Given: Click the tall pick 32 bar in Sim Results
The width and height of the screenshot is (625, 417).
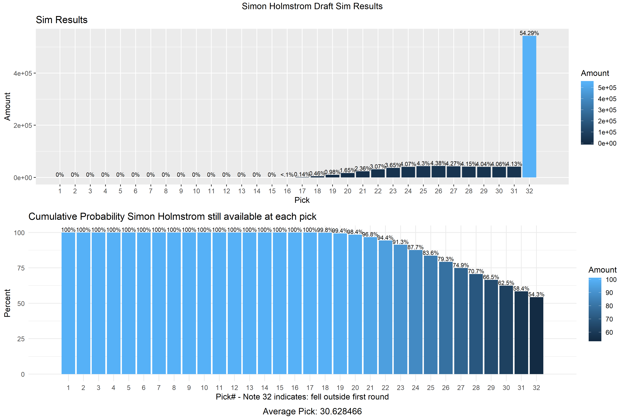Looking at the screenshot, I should pos(529,106).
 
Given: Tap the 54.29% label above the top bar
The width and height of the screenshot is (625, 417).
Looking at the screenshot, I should pos(529,33).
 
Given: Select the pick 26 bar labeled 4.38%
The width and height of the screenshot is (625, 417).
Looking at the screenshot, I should pos(438,172).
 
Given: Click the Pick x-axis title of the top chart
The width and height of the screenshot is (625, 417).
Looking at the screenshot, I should pos(302,200).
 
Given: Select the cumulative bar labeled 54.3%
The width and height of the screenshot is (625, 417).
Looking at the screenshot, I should pos(536,335).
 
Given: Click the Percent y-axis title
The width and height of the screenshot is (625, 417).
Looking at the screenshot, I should pos(7,303).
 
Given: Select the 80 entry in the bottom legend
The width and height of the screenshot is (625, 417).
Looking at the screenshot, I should pos(609,306).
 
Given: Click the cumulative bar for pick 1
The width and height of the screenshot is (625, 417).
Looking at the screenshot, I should pos(68,303).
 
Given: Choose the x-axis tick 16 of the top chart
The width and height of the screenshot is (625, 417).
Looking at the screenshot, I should pos(287,191).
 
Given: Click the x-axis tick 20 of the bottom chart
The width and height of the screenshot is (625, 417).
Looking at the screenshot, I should pos(355,388).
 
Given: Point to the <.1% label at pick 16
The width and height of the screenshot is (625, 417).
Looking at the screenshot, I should pos(287,175).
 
